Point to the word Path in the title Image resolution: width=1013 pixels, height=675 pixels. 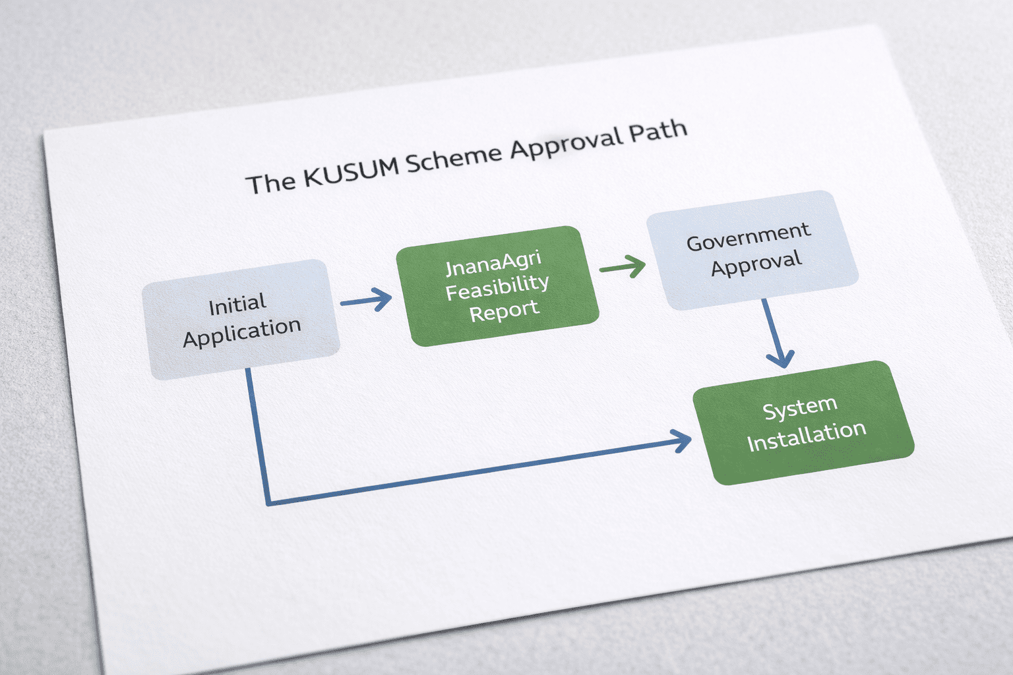click(658, 130)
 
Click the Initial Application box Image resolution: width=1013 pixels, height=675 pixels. click(241, 320)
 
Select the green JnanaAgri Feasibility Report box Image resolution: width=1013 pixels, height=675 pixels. click(497, 285)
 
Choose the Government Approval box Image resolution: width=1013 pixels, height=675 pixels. click(752, 250)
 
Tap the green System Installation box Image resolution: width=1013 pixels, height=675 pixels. click(803, 422)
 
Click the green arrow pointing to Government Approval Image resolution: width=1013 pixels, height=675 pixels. click(624, 267)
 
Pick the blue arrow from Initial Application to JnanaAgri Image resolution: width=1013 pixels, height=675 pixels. click(367, 300)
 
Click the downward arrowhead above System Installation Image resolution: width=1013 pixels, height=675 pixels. click(780, 359)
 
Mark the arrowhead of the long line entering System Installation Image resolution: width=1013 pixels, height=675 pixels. click(682, 440)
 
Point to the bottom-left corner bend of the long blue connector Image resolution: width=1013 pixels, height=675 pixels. click(268, 503)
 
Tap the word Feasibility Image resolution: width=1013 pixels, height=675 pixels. click(497, 287)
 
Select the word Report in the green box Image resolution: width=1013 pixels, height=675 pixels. click(505, 310)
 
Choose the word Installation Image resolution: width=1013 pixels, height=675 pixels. click(807, 436)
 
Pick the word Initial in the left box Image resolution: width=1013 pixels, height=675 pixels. click(237, 305)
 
